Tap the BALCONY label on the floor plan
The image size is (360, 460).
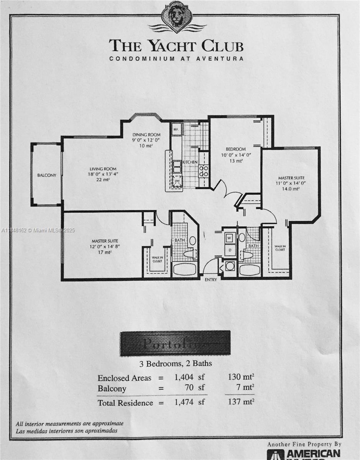tap(47, 175)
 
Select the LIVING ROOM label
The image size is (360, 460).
tap(103, 169)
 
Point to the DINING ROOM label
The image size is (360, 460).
tap(146, 135)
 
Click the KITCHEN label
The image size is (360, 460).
tap(190, 162)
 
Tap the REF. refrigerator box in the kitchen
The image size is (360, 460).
tap(176, 129)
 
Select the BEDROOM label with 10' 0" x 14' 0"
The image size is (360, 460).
tap(235, 149)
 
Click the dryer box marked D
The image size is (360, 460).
tap(230, 250)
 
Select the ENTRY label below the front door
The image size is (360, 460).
tap(210, 280)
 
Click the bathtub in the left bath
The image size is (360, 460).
tap(185, 269)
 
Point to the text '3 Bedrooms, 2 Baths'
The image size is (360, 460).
tap(175, 363)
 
